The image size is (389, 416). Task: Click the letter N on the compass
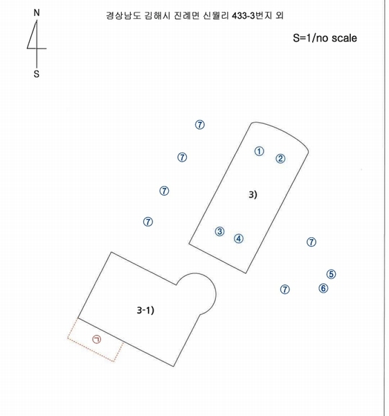(x=37, y=12)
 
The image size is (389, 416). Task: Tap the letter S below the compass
(x=37, y=73)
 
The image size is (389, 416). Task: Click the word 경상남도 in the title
(x=123, y=16)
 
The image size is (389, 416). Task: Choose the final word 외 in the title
(x=280, y=16)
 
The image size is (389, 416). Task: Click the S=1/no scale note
(x=325, y=38)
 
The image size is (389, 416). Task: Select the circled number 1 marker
(x=260, y=151)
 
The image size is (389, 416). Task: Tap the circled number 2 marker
(x=280, y=159)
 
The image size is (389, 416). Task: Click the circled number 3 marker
(x=219, y=232)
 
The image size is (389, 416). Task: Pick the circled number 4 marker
(x=239, y=239)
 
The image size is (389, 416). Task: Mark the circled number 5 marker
(x=332, y=274)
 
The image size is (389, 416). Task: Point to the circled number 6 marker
(x=323, y=288)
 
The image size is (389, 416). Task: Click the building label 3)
(x=253, y=195)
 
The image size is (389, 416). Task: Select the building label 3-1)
(x=145, y=310)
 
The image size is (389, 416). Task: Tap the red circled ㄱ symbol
(x=97, y=339)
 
